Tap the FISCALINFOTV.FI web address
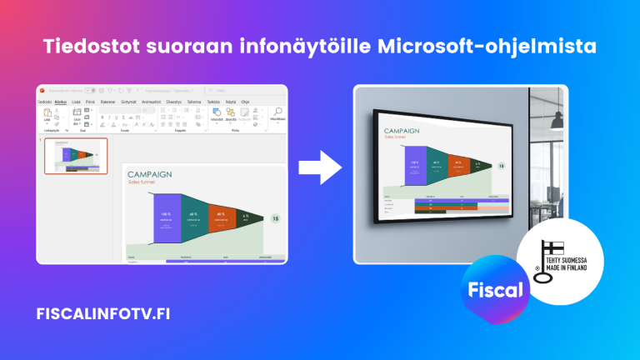106,314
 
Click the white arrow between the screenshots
320,167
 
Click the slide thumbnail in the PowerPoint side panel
76,156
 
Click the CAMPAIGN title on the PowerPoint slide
149,174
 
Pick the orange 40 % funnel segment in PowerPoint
220,218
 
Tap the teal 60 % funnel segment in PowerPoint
192,218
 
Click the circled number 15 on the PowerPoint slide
276,218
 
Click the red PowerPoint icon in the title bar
43,90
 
